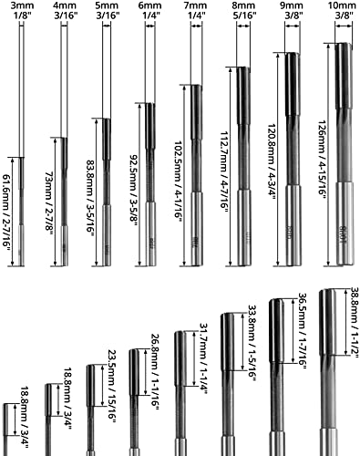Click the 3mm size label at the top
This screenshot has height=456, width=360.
pos(21,5)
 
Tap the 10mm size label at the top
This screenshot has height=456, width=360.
pos(345,5)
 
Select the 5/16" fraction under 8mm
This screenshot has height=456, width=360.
pos(243,16)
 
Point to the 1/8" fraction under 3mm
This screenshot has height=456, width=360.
pos(21,16)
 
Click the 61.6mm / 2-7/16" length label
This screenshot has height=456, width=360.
pos(6,214)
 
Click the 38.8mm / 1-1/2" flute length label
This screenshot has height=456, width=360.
pos(355,323)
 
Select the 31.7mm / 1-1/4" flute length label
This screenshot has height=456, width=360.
pos(203,359)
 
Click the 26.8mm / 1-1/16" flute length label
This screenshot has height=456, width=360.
pos(155,372)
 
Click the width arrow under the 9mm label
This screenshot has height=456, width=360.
pos(292,26)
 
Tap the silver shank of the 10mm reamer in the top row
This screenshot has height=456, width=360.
pos(345,223)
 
